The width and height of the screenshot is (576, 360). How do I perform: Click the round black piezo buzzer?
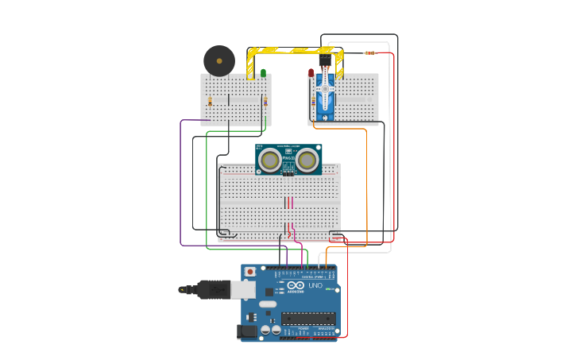[219, 61]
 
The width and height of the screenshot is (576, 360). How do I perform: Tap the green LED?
[263, 73]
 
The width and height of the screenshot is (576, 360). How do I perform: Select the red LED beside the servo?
[311, 73]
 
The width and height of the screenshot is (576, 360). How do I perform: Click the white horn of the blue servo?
[325, 90]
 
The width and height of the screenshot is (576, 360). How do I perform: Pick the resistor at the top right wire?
[369, 53]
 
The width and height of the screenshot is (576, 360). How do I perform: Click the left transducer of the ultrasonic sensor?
[270, 161]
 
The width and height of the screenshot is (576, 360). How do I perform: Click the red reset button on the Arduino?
[250, 272]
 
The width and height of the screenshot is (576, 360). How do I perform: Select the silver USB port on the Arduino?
[243, 289]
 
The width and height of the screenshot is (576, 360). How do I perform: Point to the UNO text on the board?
[315, 285]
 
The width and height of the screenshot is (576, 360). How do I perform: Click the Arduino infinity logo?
[296, 285]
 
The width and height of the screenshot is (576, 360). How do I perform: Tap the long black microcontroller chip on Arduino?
[308, 319]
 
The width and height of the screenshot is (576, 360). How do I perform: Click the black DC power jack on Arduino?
[247, 331]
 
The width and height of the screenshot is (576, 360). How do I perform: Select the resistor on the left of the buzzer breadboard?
[210, 102]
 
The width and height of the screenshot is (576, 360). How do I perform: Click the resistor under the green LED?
[265, 102]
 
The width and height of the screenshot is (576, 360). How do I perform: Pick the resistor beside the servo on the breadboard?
[313, 102]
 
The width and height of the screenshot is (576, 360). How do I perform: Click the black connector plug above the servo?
[326, 60]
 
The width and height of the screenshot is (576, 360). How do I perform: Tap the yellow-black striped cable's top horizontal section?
[294, 50]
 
